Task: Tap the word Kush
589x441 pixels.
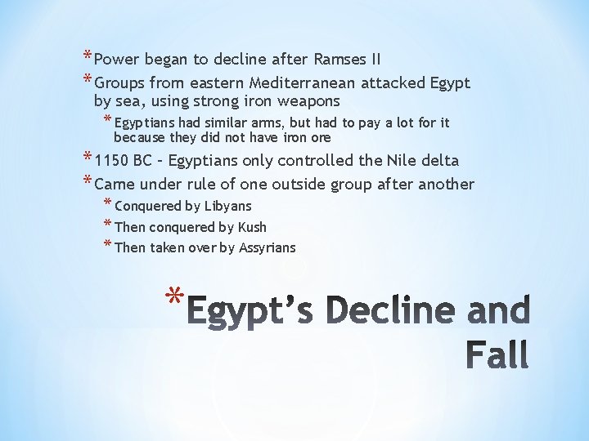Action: coord(252,227)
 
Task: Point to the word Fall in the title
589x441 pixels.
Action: coord(497,354)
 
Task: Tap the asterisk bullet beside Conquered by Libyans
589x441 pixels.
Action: coord(108,203)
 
